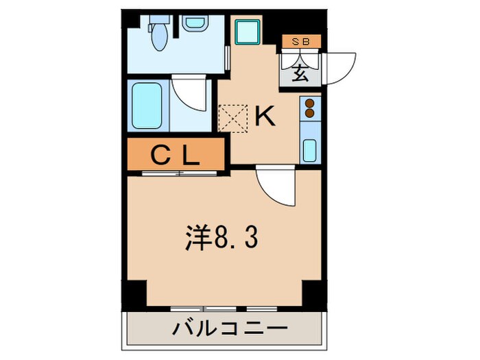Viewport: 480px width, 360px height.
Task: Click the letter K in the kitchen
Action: pos(265,117)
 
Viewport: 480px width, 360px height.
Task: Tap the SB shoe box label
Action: pos(302,42)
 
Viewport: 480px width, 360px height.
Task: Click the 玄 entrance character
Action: pos(301,71)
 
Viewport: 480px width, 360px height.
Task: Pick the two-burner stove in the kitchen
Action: pos(309,108)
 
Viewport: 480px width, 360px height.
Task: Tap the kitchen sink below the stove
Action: pos(309,148)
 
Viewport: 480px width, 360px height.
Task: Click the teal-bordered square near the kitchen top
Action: pos(245,31)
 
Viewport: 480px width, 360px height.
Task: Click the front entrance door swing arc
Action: pos(341,67)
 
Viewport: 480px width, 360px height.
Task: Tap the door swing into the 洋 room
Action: pos(277,187)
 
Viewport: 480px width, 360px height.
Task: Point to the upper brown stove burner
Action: pos(309,104)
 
